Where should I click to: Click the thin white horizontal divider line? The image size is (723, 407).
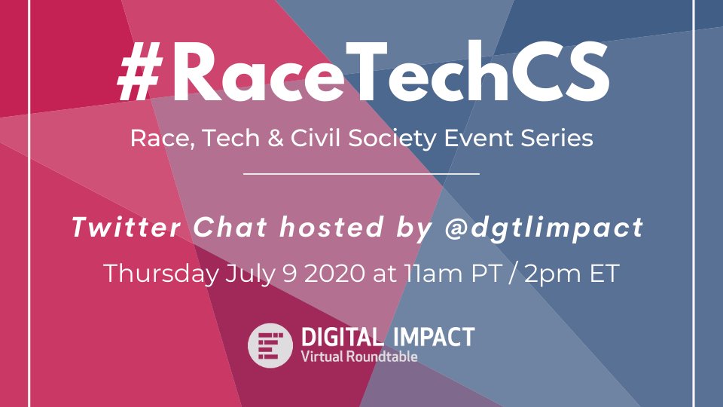tap(361, 174)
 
